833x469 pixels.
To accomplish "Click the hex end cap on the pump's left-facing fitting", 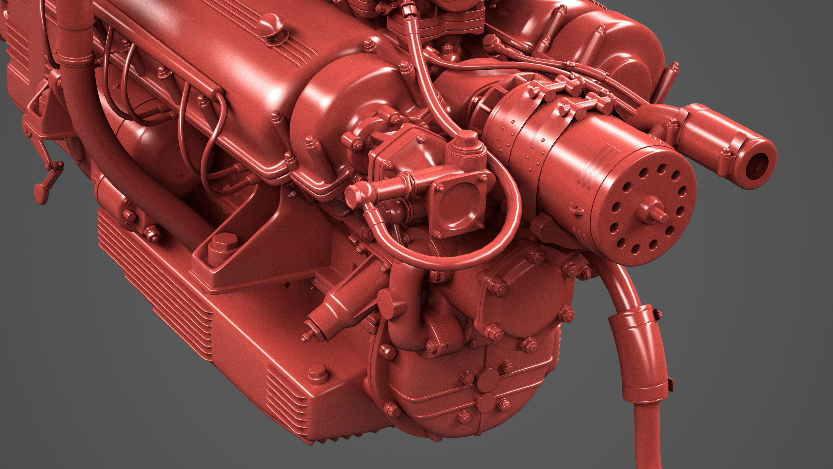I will [352, 197].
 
